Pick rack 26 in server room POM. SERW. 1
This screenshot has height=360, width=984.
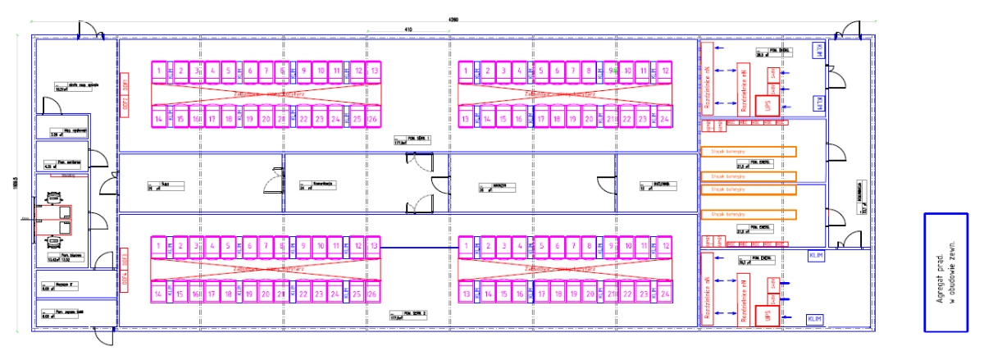(373, 120)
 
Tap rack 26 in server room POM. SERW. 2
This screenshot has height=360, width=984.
(373, 293)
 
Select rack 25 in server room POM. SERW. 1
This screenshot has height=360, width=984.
(358, 120)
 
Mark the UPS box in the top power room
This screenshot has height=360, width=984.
(768, 106)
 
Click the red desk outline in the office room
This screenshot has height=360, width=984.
(54, 220)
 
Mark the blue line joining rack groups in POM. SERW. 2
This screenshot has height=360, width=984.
(419, 246)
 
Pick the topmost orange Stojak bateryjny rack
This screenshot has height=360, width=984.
(748, 151)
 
